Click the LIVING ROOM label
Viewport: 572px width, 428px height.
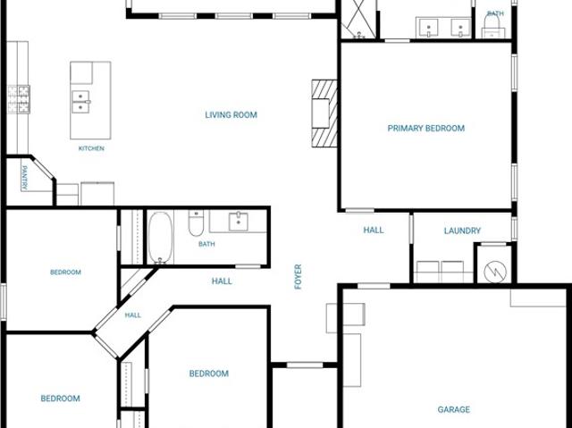click(231, 115)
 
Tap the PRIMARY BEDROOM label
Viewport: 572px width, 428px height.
click(426, 129)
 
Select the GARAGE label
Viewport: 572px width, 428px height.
click(454, 409)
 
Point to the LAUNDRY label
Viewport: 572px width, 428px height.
click(462, 231)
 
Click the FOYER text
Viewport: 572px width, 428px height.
click(298, 277)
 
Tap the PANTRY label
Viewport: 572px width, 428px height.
click(24, 178)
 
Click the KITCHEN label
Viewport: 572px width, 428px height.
click(91, 148)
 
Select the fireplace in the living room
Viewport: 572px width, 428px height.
click(324, 113)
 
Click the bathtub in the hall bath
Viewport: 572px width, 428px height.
click(160, 238)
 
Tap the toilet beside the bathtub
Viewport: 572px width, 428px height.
click(196, 222)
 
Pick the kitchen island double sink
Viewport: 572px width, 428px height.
click(80, 102)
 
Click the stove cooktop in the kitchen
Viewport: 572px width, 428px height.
click(19, 99)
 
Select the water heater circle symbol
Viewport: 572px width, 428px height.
click(495, 272)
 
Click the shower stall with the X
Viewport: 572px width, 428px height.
click(357, 19)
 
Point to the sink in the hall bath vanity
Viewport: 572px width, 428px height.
click(239, 222)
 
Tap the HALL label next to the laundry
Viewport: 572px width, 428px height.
click(374, 230)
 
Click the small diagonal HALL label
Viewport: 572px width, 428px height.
click(133, 315)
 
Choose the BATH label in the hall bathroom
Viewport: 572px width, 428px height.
click(206, 244)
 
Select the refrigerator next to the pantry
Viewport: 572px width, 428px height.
click(97, 194)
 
